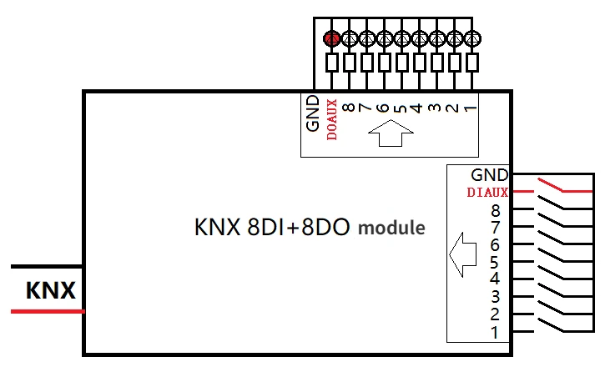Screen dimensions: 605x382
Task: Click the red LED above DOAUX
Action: tap(331, 38)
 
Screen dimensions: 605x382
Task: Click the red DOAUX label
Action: tap(332, 119)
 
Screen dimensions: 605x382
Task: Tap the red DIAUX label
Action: tap(487, 192)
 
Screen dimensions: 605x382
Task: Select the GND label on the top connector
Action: tap(313, 113)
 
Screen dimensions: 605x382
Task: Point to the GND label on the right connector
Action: tap(490, 175)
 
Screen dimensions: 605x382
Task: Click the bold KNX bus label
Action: tap(51, 290)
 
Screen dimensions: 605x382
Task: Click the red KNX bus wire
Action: tap(48, 311)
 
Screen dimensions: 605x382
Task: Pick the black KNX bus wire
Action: tap(47, 266)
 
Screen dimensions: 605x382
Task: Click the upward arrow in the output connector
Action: tap(391, 133)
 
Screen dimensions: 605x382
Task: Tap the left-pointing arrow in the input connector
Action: tap(462, 254)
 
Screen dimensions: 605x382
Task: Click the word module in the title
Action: tap(391, 229)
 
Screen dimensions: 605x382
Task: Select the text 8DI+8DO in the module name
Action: tap(298, 227)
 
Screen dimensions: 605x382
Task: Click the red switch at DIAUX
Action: tap(550, 184)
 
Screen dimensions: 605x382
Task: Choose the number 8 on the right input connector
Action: tap(496, 211)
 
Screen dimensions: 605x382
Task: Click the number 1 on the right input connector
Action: tap(495, 332)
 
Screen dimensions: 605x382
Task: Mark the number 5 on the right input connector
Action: tap(495, 263)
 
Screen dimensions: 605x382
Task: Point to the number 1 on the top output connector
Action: tap(470, 108)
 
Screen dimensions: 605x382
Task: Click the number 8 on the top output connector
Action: tap(349, 107)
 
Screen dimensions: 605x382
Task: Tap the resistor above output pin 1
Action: tap(472, 63)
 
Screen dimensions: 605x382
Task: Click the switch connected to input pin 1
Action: tap(550, 324)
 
